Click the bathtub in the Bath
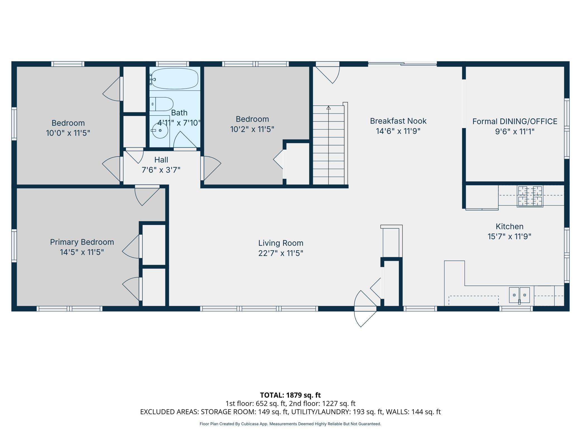pyautogui.click(x=175, y=79)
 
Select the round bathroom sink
pyautogui.click(x=160, y=131)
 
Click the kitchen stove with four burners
pyautogui.click(x=530, y=196)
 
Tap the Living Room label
pyautogui.click(x=281, y=243)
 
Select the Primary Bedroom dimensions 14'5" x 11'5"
pyautogui.click(x=82, y=252)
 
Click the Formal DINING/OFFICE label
pyautogui.click(x=515, y=121)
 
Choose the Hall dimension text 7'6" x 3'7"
pyautogui.click(x=161, y=170)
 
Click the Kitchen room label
pyautogui.click(x=509, y=226)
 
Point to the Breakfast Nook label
pyautogui.click(x=398, y=121)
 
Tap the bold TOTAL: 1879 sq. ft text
pyautogui.click(x=290, y=395)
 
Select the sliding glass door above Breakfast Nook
pyautogui.click(x=402, y=64)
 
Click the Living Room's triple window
pyautogui.click(x=259, y=309)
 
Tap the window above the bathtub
pyautogui.click(x=172, y=64)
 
